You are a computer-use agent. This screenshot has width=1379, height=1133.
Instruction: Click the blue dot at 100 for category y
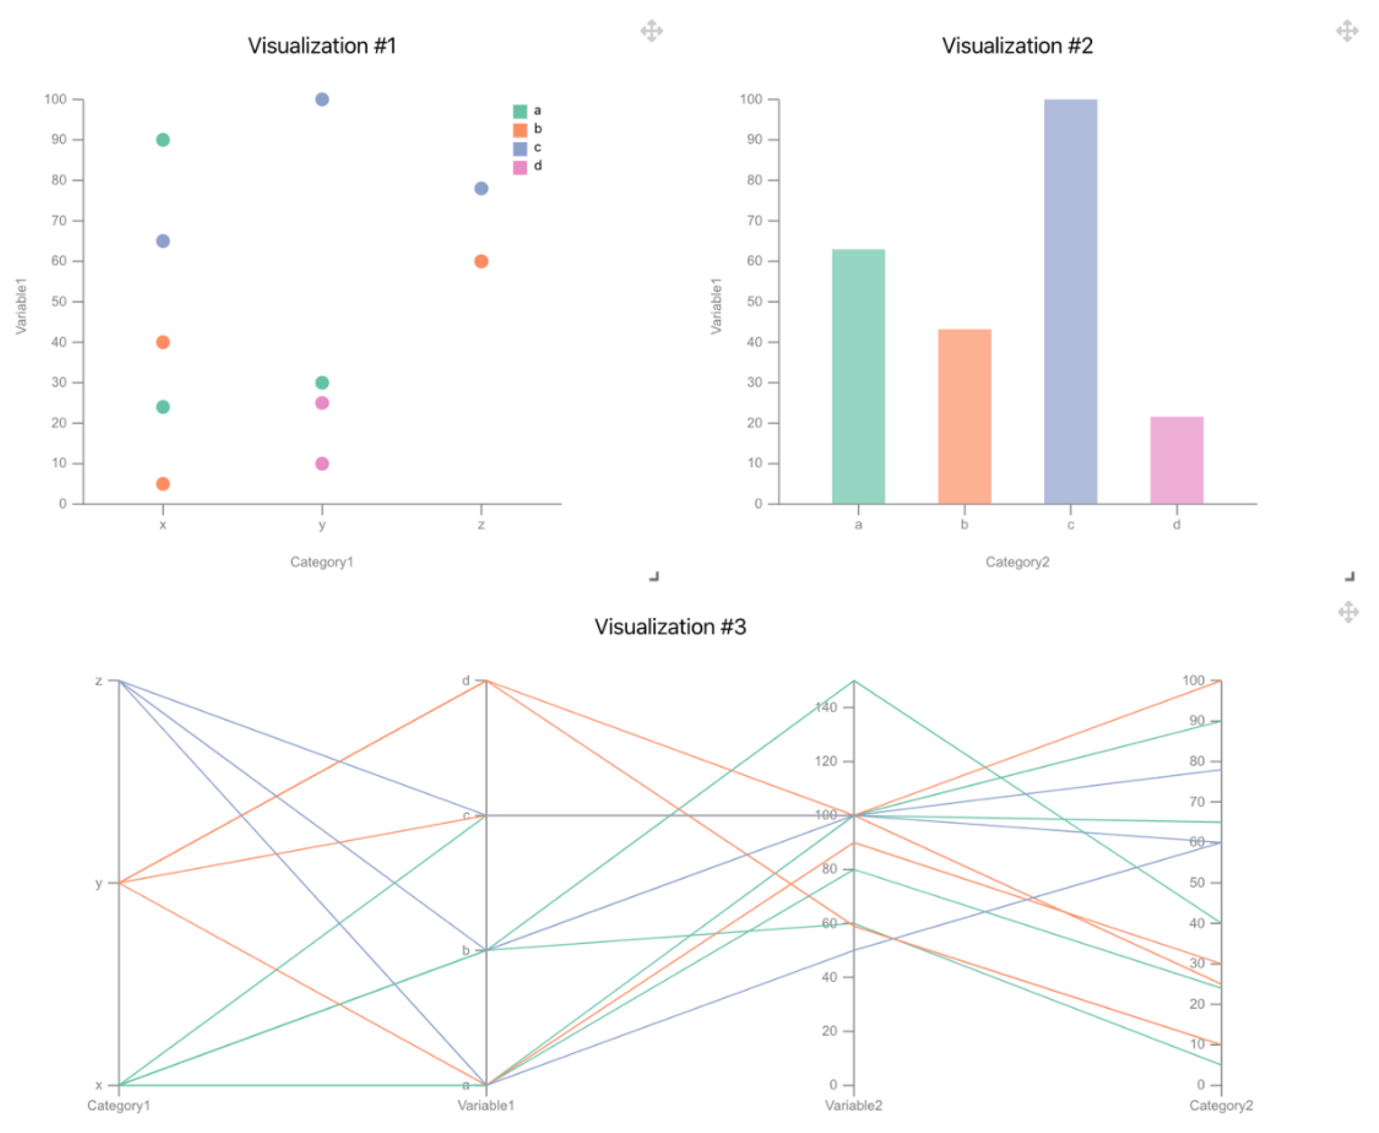pyautogui.click(x=322, y=99)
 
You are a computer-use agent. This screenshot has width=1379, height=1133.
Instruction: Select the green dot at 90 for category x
pyautogui.click(x=163, y=139)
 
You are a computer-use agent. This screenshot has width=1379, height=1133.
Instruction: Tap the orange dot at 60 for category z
pyautogui.click(x=481, y=261)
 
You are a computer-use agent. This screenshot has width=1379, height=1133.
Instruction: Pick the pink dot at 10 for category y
pyautogui.click(x=322, y=464)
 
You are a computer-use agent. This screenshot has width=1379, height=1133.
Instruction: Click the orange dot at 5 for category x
pyautogui.click(x=163, y=483)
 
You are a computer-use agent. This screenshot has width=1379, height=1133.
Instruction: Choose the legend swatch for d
pyautogui.click(x=520, y=167)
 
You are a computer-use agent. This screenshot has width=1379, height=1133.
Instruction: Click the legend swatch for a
pyautogui.click(x=520, y=111)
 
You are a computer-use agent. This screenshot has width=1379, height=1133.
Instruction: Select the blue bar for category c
pyautogui.click(x=1070, y=300)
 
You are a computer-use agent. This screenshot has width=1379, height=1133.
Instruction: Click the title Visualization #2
pyautogui.click(x=1017, y=46)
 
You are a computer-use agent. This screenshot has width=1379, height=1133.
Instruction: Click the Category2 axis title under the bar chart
pyautogui.click(x=1017, y=562)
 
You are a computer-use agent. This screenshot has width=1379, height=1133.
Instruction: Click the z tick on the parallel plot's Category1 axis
pyautogui.click(x=99, y=681)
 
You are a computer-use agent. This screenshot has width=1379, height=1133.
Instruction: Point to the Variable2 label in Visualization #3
pyautogui.click(x=853, y=1105)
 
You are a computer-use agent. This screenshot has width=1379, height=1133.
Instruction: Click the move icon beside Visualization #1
pyautogui.click(x=651, y=31)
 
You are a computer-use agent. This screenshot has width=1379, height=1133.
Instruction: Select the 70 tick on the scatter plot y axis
pyautogui.click(x=60, y=221)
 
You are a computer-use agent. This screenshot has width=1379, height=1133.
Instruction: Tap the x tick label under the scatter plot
pyautogui.click(x=163, y=525)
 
